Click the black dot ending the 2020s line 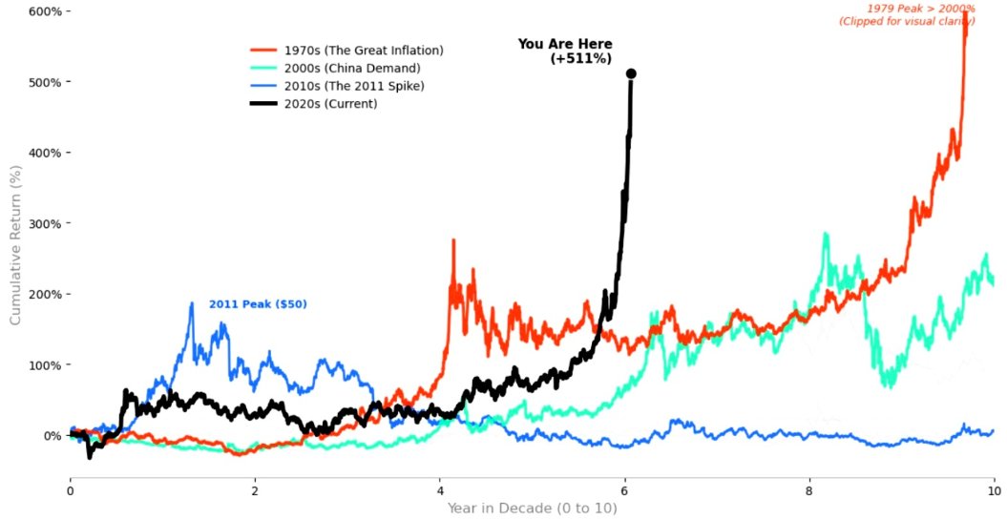point(631,73)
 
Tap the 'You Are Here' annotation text point(565,44)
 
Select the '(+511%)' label point(581,59)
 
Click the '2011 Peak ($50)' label point(259,304)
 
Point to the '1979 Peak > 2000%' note point(920,9)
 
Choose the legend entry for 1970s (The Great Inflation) point(364,50)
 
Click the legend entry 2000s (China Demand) point(351,68)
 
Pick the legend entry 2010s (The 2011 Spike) point(353,86)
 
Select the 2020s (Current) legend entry point(330,104)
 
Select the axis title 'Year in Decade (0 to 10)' point(532,508)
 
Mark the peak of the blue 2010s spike point(192,303)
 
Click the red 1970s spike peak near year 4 point(453,240)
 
